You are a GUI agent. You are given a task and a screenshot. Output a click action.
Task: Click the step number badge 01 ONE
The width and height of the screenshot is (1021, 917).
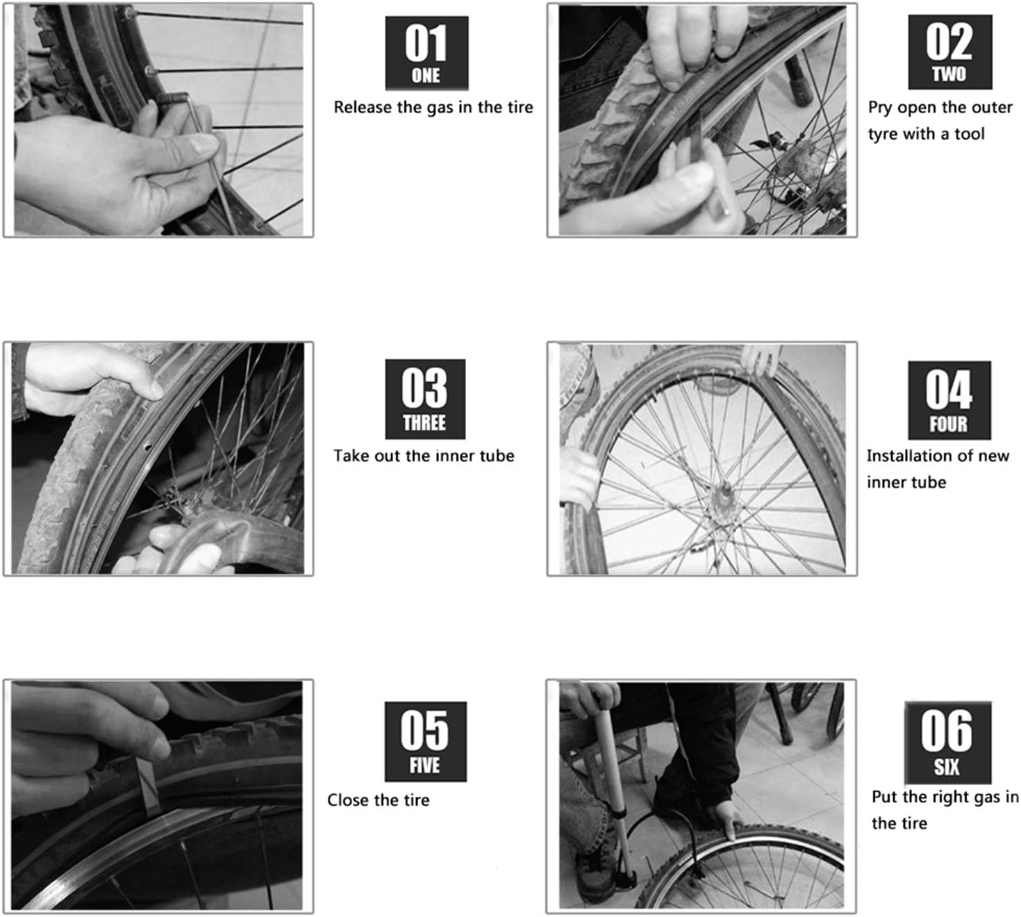click(x=426, y=53)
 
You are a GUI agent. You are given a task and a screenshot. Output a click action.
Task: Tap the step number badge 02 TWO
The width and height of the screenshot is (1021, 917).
click(x=949, y=52)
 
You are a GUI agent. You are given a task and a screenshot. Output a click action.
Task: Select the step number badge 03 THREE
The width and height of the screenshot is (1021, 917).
click(x=425, y=399)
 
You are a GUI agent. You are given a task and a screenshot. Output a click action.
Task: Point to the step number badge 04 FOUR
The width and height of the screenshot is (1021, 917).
click(x=949, y=400)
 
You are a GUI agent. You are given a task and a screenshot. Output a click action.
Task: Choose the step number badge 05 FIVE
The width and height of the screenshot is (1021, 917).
click(x=425, y=741)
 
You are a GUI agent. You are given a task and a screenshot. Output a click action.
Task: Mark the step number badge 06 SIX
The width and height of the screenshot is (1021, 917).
click(x=947, y=743)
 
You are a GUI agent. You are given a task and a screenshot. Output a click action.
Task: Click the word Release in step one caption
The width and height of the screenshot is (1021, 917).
click(x=358, y=108)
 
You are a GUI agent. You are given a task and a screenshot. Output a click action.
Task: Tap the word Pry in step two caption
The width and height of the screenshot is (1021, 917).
click(x=880, y=108)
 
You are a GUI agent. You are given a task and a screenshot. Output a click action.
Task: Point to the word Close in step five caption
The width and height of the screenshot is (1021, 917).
click(x=348, y=800)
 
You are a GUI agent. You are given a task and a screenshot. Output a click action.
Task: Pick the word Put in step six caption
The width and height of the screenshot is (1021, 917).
click(x=884, y=798)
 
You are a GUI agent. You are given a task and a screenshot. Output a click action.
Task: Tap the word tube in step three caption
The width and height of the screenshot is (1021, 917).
click(x=498, y=456)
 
